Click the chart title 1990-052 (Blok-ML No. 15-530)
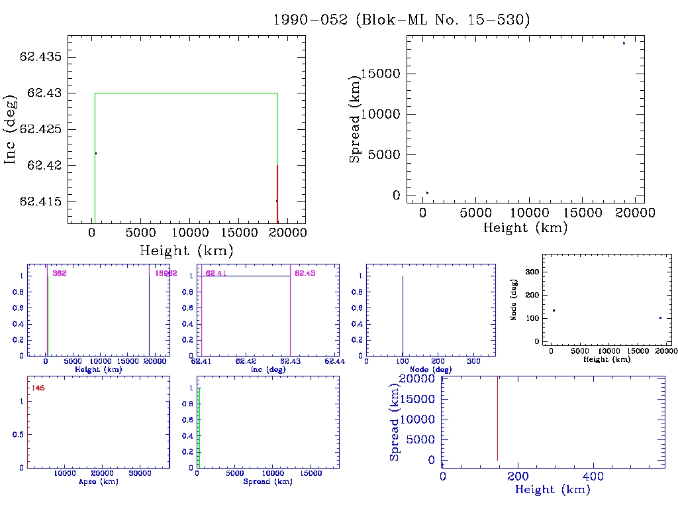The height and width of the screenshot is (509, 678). pos(402,20)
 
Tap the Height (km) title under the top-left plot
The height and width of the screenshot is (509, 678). pos(186,251)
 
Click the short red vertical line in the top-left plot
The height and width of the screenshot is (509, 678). pos(277,192)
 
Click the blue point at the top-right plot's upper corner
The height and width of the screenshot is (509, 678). pos(624,43)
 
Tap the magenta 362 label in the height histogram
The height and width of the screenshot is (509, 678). pos(60,273)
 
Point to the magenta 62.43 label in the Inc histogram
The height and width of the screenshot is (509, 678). pos(305,273)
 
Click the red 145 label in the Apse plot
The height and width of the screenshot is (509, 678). pos(38,388)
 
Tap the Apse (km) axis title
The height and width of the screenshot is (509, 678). pos(97,481)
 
